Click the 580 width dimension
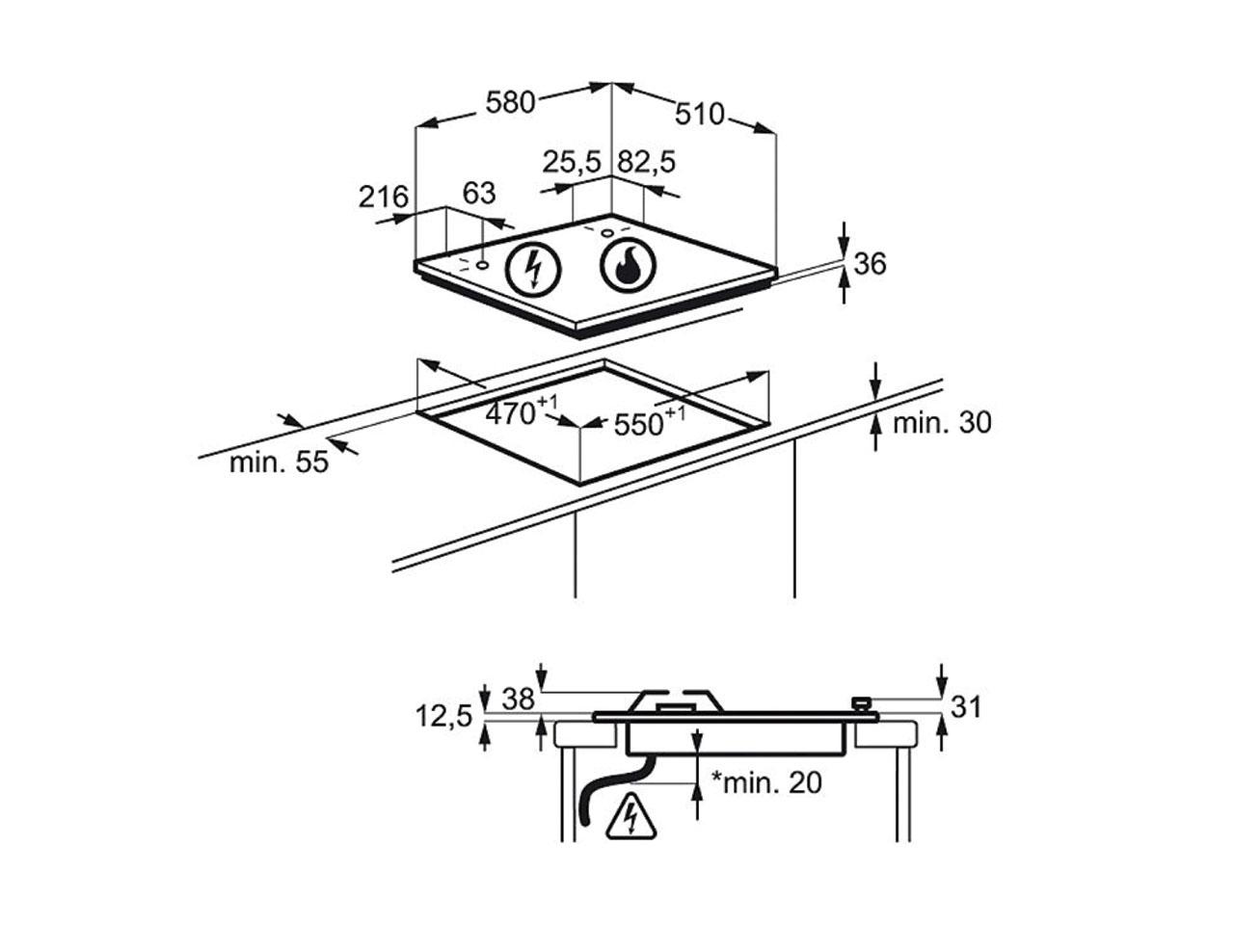click(510, 101)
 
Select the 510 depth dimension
click(699, 115)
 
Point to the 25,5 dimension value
click(571, 161)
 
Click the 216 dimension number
click(384, 197)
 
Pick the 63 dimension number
click(478, 194)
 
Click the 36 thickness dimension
click(870, 263)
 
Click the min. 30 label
click(941, 422)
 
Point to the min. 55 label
click(279, 462)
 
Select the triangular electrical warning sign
click(630, 816)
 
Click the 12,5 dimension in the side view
click(443, 716)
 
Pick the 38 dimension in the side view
click(518, 700)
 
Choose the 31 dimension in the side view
click(965, 706)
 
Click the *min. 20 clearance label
click(767, 782)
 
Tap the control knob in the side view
click(861, 704)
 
